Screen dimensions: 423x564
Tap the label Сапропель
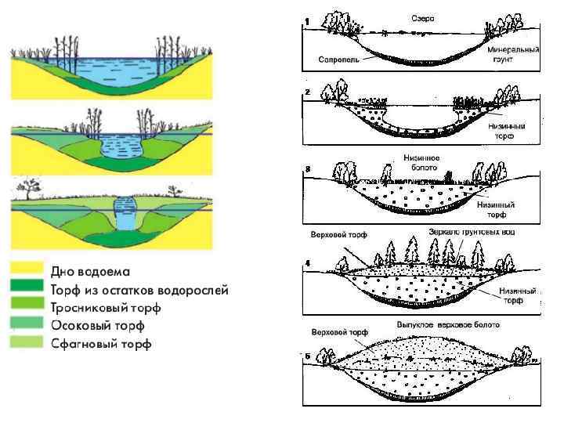click(x=338, y=59)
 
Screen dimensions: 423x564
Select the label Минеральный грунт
click(x=513, y=54)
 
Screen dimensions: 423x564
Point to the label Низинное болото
click(x=421, y=162)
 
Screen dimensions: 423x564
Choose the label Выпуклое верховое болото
click(x=447, y=324)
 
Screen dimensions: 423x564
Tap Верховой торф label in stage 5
click(x=338, y=332)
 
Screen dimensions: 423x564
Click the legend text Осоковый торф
click(x=98, y=325)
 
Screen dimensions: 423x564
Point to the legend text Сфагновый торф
click(x=101, y=343)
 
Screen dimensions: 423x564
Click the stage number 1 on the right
click(x=307, y=20)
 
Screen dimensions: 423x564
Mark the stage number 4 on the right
click(x=307, y=263)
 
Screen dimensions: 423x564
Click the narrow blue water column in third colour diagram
click(x=125, y=213)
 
